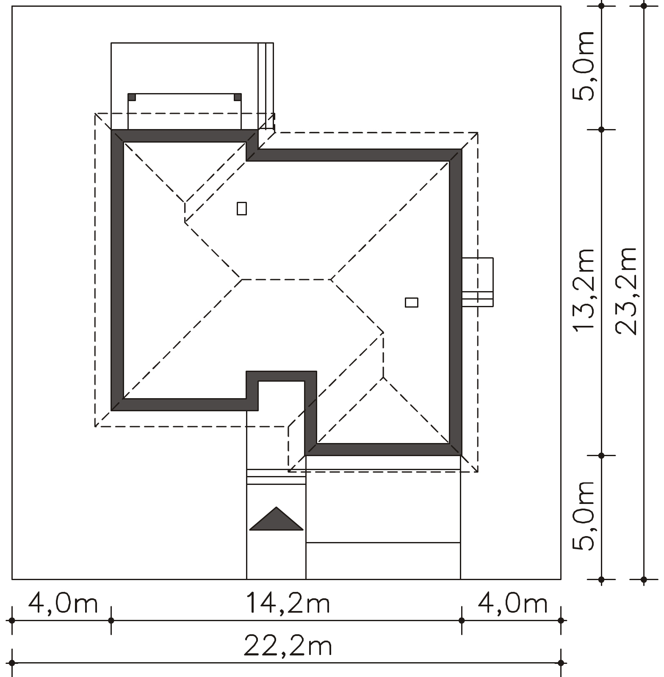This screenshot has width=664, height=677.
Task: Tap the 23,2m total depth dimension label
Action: point(626,291)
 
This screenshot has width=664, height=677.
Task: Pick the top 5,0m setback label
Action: point(584,66)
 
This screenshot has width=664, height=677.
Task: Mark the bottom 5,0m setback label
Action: point(584,515)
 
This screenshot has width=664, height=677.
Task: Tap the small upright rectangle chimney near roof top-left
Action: point(242,209)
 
